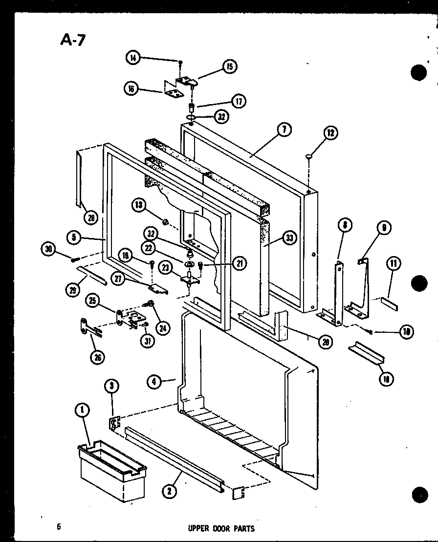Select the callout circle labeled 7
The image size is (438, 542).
pyautogui.click(x=284, y=130)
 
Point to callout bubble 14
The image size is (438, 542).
pyautogui.click(x=132, y=58)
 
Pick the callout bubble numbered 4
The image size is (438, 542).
pyautogui.click(x=154, y=381)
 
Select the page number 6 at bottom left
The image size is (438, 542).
pyautogui.click(x=59, y=526)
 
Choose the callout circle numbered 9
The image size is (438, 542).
pyautogui.click(x=384, y=227)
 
